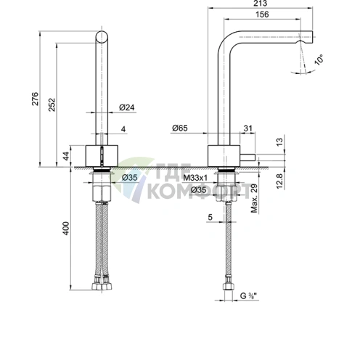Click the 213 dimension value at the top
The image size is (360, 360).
261,4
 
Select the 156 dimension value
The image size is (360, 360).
262,15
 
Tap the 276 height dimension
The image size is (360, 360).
35,99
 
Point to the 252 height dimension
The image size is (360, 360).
52,105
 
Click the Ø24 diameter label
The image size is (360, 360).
126,107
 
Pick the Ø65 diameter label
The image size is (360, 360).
180,128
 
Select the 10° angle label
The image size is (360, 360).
319,60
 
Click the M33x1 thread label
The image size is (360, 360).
195,178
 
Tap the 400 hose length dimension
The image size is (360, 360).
66,228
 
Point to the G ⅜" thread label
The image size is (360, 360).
248,295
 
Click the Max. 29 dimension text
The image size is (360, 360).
254,198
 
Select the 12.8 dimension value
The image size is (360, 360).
279,181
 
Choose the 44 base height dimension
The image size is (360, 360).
66,156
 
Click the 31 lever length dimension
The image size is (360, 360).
247,128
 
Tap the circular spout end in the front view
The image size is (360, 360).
102,37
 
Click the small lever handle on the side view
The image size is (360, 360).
247,157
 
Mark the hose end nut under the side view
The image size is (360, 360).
229,287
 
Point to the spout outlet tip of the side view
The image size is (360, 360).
310,37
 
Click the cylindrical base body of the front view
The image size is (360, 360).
102,156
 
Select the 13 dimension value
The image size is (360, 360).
279,142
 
